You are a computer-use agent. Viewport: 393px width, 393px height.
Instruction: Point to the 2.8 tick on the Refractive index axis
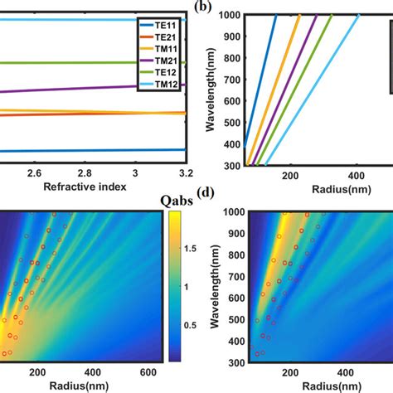pos(85,172)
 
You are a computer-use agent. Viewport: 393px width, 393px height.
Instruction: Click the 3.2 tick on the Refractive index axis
pos(186,172)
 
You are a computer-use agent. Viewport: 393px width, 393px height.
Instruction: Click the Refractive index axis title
pos(81,187)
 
